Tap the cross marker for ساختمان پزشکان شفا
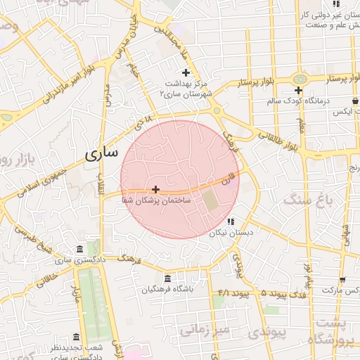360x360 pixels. click(x=155, y=189)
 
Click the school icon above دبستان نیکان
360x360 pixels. click(x=231, y=221)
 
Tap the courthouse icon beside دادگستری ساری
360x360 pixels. click(x=78, y=250)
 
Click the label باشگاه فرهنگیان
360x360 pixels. click(x=167, y=289)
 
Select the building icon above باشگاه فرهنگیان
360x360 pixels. click(x=167, y=278)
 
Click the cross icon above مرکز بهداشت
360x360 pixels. click(x=186, y=72)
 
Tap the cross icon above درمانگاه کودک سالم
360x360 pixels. click(x=299, y=90)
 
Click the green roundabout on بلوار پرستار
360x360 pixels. click(x=300, y=78)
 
